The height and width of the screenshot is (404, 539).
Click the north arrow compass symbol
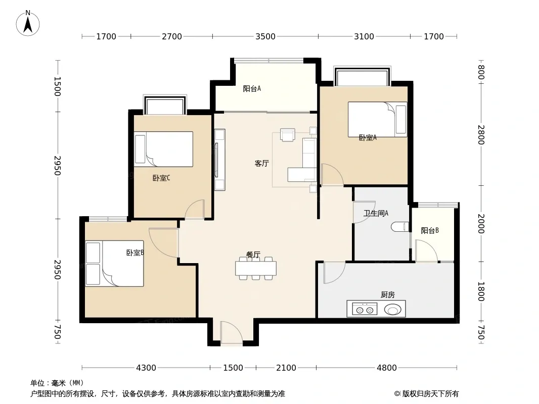pos(28,23)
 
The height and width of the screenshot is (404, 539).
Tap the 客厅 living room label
pos(261,164)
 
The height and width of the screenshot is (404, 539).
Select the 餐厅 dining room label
pos(253,255)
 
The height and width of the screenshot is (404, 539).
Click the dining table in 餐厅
pos(256,269)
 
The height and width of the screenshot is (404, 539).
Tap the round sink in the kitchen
pos(392,310)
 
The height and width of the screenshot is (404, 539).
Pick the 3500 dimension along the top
pos(265,36)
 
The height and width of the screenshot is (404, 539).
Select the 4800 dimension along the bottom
pos(387,368)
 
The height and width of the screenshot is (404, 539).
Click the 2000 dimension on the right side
pos(481,224)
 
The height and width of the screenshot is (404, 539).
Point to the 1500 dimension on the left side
pos(58,86)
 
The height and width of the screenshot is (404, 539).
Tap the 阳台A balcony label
pos(252,88)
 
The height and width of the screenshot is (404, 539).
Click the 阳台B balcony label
pos(430,231)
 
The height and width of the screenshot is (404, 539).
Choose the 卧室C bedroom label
pos(161,178)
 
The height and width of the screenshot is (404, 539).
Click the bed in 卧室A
pos(377,120)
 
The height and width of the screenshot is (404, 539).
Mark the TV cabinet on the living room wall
pos(219,160)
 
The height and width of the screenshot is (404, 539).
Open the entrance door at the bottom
pos(231,332)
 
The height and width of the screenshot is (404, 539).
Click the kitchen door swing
pos(334,273)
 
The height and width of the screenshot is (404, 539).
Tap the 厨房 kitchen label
pos(388,294)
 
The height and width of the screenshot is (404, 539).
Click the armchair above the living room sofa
pos(287,134)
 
